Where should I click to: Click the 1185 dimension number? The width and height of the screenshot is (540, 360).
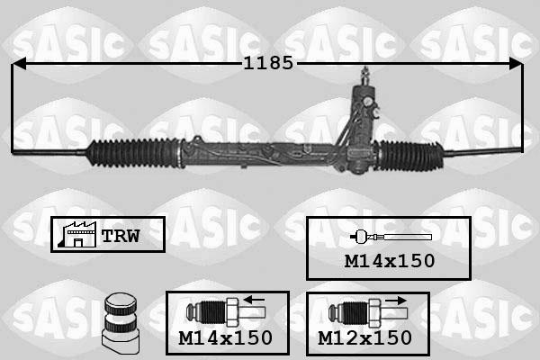click(x=268, y=63)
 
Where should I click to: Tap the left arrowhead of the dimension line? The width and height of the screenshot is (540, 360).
click(x=18, y=63)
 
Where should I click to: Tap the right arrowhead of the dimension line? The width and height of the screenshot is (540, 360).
click(x=516, y=63)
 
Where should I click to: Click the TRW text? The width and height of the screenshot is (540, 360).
click(x=121, y=236)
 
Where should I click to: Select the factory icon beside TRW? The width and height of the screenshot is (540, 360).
click(x=77, y=234)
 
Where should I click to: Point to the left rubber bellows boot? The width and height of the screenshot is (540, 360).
click(x=133, y=153)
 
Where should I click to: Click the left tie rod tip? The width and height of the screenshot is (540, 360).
click(x=13, y=151)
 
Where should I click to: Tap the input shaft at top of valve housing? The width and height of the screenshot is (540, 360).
click(x=365, y=76)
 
